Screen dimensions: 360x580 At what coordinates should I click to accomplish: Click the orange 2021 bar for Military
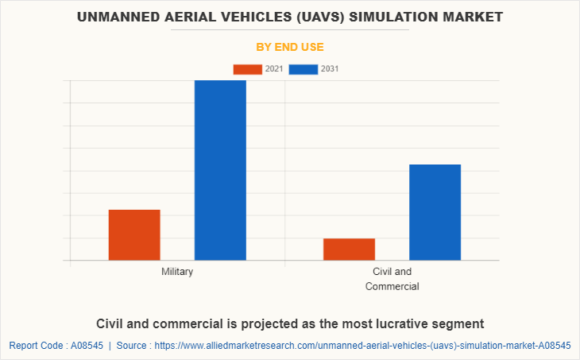coord(134,234)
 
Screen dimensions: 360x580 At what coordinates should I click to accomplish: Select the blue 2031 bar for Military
coord(220,170)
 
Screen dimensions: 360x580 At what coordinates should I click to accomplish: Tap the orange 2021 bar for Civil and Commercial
coord(349,249)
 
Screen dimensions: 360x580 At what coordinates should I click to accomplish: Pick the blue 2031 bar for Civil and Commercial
coord(435,212)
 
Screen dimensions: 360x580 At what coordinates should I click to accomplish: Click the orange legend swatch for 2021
coord(247,69)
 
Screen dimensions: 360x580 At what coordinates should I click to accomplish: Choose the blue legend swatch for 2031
coord(304,69)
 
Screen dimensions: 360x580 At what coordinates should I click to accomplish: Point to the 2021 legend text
coord(274,69)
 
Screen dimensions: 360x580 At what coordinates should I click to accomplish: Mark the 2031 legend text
coord(330,69)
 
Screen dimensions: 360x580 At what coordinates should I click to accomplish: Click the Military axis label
coord(177,272)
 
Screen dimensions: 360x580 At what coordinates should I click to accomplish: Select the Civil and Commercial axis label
coord(392,279)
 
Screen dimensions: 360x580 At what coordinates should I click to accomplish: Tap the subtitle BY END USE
coord(289,47)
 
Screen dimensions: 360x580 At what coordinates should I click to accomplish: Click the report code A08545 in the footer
coord(83,346)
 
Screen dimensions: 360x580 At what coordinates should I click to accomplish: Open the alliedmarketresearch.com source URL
coord(362,346)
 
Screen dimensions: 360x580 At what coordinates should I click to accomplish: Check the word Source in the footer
coord(134,346)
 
